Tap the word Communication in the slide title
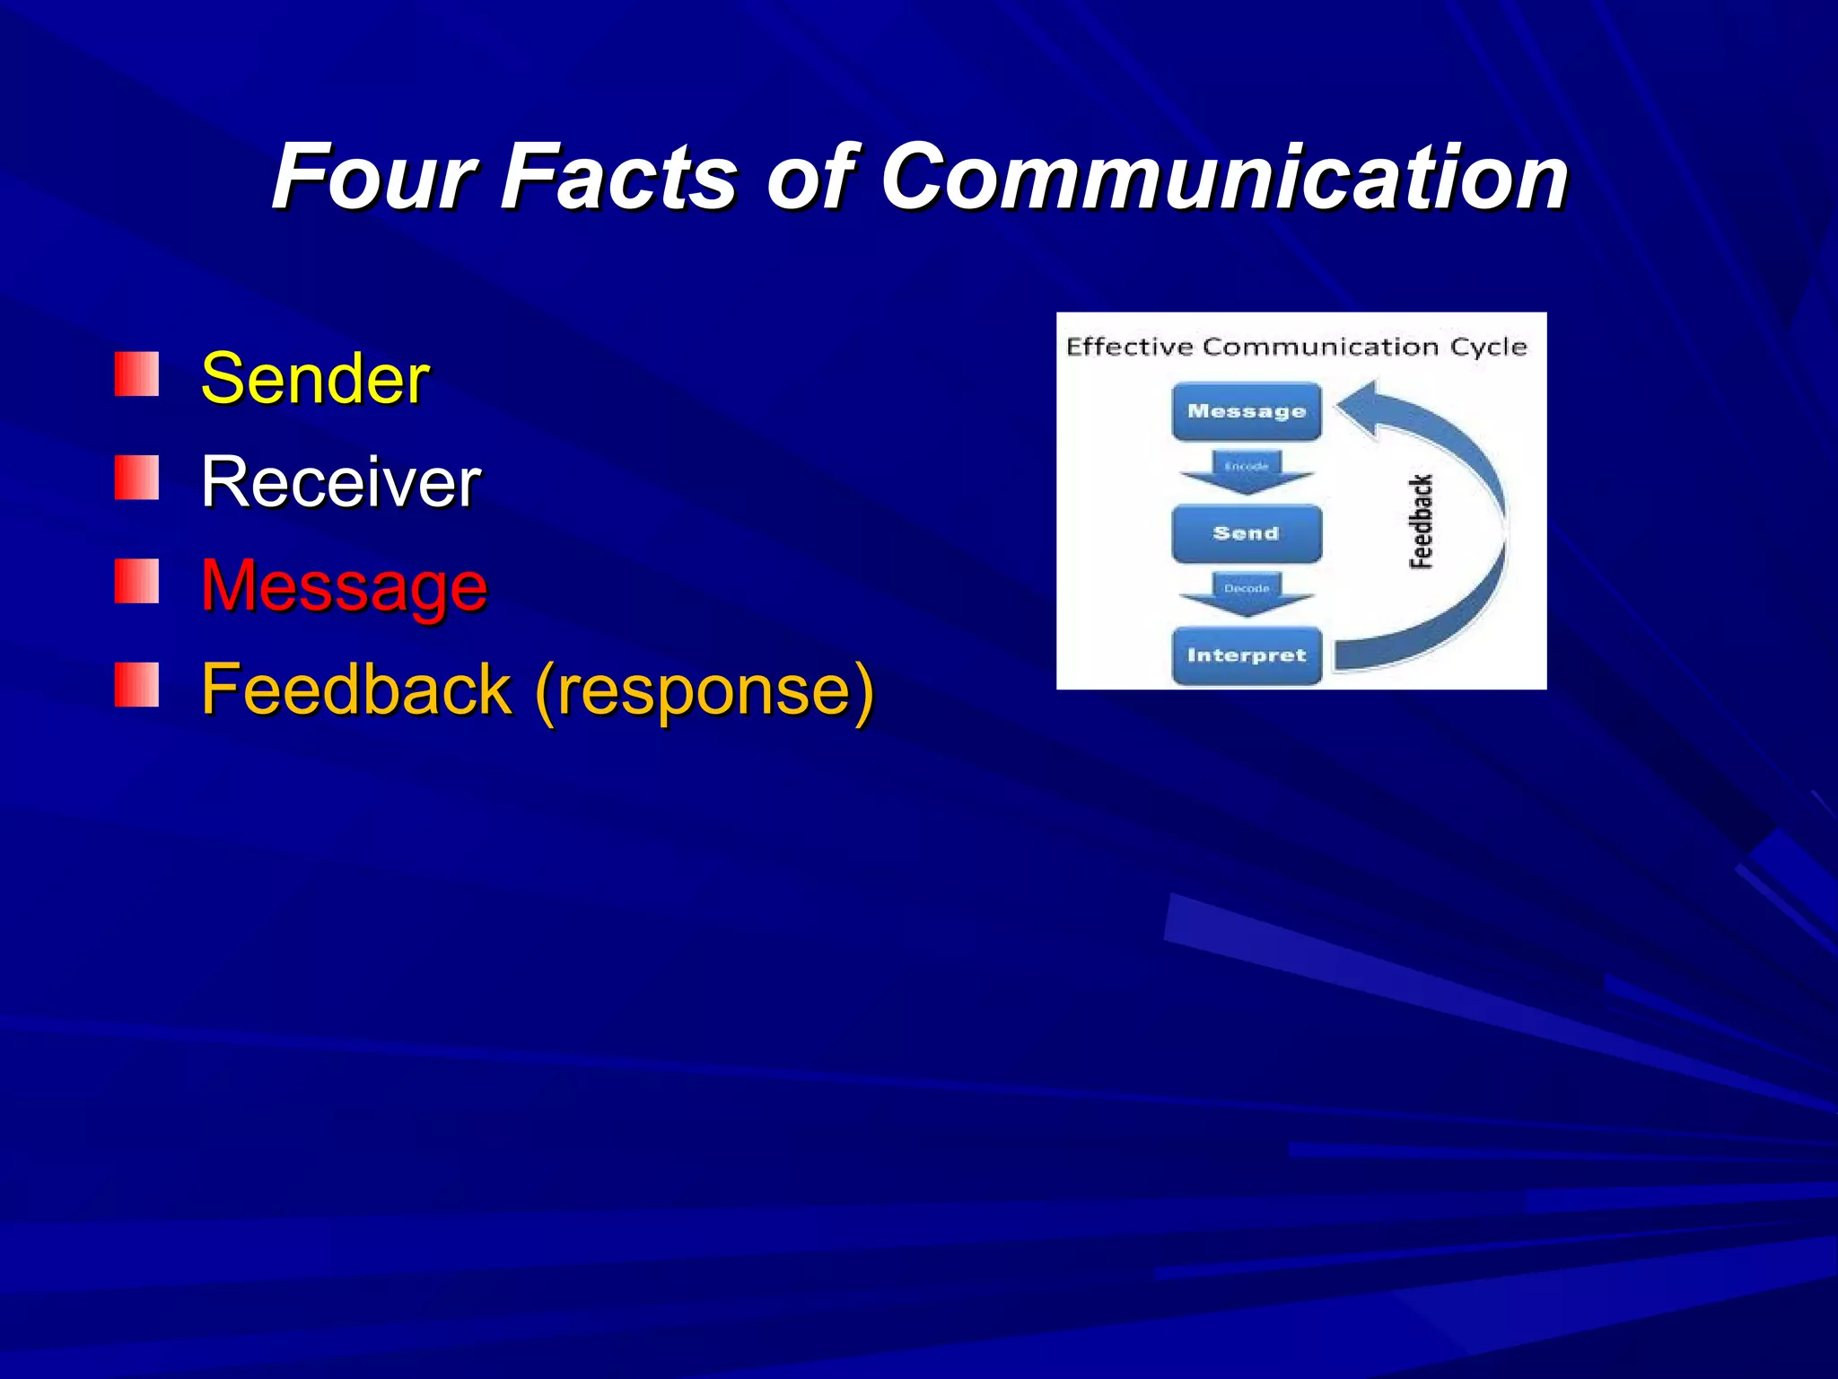[1224, 177]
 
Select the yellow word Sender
[315, 379]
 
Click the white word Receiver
[341, 482]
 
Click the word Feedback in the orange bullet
[356, 689]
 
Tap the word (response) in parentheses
[704, 689]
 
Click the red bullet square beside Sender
[136, 374]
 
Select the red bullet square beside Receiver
[136, 478]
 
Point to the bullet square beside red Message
[136, 582]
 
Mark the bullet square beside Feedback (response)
[136, 685]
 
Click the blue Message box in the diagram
[1247, 412]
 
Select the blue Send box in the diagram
[1247, 533]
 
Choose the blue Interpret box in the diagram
[1247, 655]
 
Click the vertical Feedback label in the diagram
[1421, 522]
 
